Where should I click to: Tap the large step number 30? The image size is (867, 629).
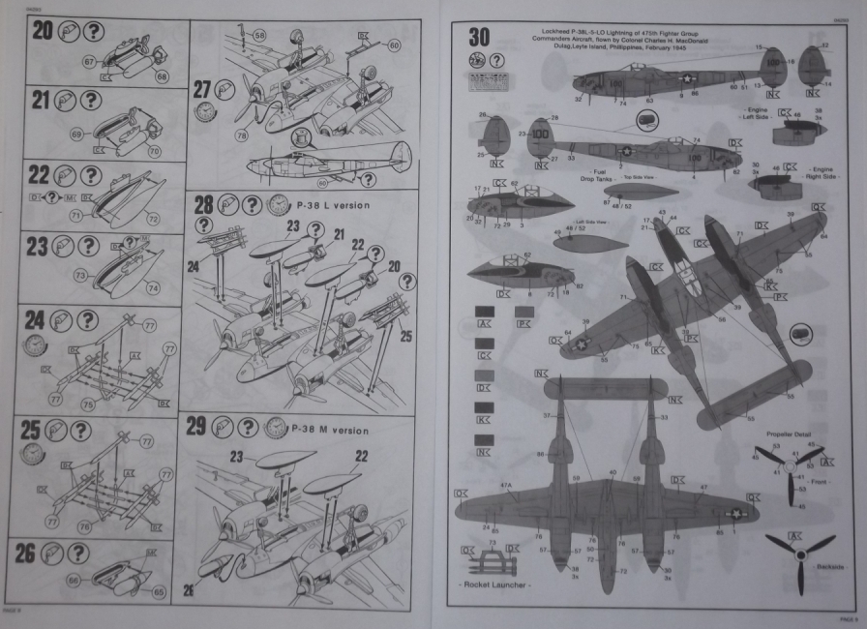478,38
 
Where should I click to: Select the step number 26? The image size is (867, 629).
40,554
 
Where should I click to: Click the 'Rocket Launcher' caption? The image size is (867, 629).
497,587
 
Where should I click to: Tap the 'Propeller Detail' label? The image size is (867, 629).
786,436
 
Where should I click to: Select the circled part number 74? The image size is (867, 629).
153,287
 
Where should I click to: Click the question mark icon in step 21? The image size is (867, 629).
91,99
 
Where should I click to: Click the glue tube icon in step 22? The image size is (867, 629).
64,175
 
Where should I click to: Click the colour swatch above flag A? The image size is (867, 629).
486,312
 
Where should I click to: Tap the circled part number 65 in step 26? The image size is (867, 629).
159,591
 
